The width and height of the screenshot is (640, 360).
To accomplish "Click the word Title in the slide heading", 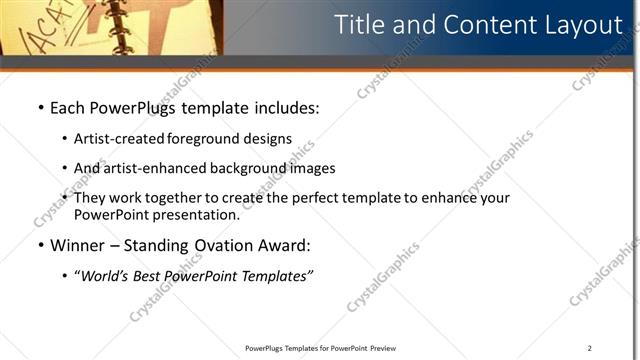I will pos(357,25).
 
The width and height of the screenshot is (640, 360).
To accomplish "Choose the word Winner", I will pos(79,245).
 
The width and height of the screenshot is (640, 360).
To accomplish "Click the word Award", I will pos(285,245).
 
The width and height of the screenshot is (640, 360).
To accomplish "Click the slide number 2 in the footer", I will pos(590,348).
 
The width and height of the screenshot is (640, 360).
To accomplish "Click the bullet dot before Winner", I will pos(40,245).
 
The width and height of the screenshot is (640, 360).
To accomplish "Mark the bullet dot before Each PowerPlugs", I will pos(40,106).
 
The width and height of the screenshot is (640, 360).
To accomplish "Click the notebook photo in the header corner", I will pos(110,27).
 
